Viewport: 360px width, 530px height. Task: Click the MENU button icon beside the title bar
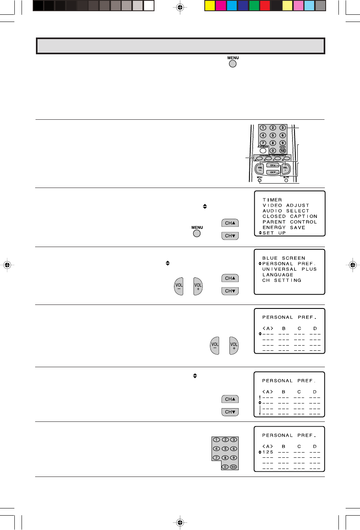(233, 63)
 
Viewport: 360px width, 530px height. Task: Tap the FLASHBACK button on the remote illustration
(263, 150)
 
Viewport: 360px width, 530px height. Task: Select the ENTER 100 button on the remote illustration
(283, 150)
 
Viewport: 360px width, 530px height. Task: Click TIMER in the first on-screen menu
(272, 200)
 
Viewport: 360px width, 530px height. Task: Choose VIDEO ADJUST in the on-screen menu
(286, 206)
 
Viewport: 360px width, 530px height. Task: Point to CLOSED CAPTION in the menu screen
(289, 216)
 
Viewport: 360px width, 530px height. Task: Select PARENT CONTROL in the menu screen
(289, 222)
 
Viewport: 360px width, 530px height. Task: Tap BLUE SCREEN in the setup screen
(283, 258)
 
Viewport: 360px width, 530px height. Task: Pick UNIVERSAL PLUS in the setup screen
(289, 269)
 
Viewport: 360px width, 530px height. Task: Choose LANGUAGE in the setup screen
(278, 275)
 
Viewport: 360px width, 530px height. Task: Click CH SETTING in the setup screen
(282, 281)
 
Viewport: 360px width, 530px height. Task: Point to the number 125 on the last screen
(268, 452)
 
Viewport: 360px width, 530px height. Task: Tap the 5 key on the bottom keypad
(225, 449)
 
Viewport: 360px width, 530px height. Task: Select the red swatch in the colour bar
(265, 6)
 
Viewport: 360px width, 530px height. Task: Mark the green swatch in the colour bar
(253, 6)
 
